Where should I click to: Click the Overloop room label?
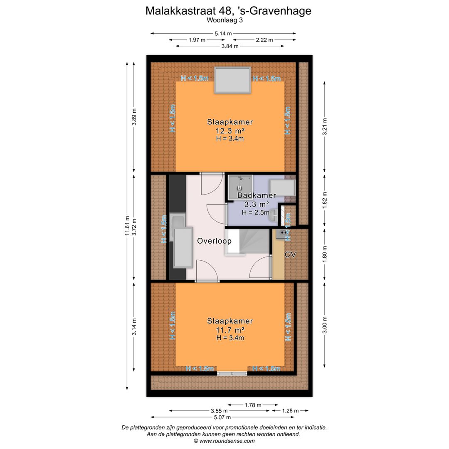tap(214, 241)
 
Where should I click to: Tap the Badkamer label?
tap(257, 195)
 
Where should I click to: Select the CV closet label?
tap(290, 255)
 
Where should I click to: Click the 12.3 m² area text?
tap(230, 131)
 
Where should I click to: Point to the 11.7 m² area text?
tap(230, 330)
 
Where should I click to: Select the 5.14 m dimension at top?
tap(223, 33)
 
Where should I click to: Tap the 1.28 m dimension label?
tap(290, 411)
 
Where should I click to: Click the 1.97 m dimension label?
tap(197, 40)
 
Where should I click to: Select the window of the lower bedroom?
tap(232, 373)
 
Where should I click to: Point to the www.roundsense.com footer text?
tap(224, 441)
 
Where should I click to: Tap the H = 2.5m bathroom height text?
tap(256, 212)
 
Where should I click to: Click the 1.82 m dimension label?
tap(325, 199)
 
